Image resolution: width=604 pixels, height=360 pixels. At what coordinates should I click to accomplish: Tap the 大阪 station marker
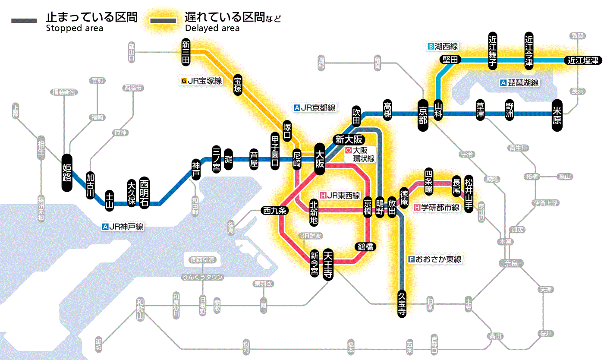pyautogui.click(x=320, y=159)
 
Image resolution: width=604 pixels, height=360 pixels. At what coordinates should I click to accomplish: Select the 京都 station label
pyautogui.click(x=423, y=114)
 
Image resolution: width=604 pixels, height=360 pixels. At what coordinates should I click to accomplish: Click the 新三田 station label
pyautogui.click(x=186, y=52)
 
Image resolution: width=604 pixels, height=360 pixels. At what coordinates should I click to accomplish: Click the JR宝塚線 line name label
pyautogui.click(x=202, y=81)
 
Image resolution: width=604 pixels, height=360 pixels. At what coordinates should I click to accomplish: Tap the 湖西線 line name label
pyautogui.click(x=443, y=46)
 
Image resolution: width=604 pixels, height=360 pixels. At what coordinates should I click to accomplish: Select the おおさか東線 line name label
pyautogui.click(x=435, y=259)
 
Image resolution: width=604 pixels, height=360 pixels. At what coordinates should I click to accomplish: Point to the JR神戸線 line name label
pyautogui.click(x=123, y=226)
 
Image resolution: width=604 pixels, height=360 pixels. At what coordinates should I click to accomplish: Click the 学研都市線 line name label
pyautogui.click(x=437, y=208)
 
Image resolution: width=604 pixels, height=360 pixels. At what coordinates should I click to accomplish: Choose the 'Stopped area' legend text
pyautogui.click(x=74, y=28)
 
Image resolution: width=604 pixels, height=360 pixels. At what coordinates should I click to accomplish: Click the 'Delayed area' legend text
pyautogui.click(x=212, y=28)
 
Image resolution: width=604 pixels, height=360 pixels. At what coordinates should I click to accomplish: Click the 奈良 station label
pyautogui.click(x=511, y=263)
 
